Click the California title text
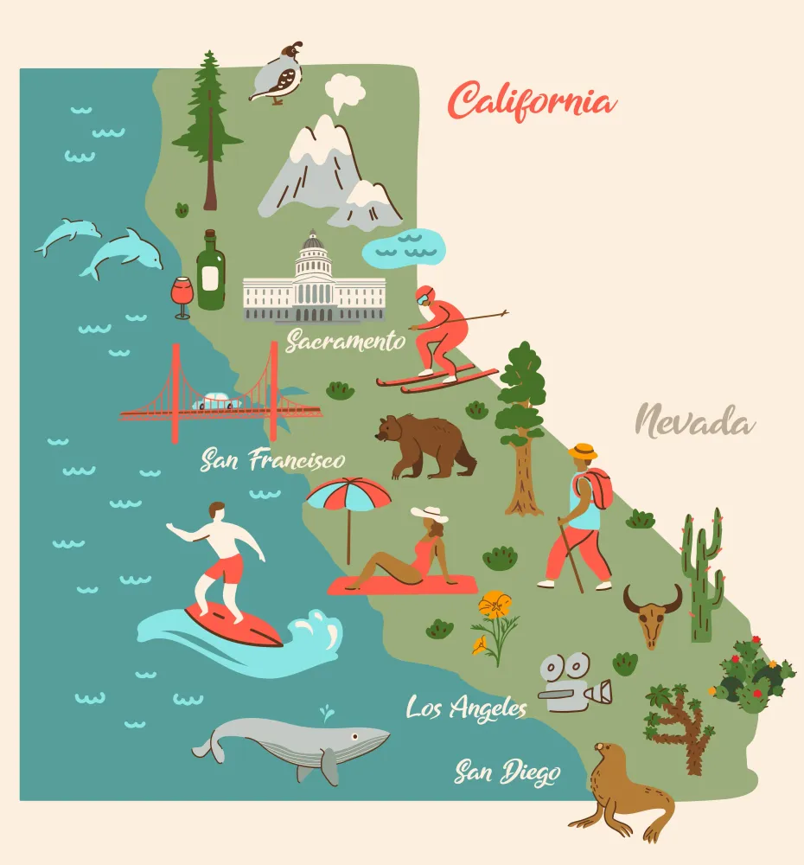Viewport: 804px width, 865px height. click(532, 102)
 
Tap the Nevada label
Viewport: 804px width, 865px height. click(695, 423)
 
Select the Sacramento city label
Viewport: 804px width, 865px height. click(346, 341)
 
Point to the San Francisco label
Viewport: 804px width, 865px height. click(272, 459)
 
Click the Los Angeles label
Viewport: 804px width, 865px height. click(467, 708)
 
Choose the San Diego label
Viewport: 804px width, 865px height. click(507, 772)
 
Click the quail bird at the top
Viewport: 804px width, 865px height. click(278, 74)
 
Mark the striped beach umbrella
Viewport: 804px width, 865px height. click(348, 496)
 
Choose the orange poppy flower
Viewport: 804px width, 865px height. click(495, 605)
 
